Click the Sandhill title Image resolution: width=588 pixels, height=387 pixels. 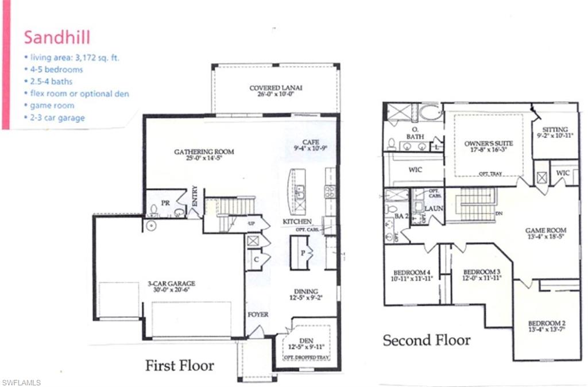click(x=57, y=37)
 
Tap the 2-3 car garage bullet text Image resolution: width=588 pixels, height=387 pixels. click(x=58, y=118)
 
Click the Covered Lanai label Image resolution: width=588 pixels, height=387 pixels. click(x=276, y=88)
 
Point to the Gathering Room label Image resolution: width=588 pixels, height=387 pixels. click(x=204, y=152)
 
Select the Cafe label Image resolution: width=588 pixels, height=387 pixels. click(x=310, y=142)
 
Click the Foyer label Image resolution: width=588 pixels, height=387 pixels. click(x=258, y=315)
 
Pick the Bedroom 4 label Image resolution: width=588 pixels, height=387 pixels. click(x=412, y=272)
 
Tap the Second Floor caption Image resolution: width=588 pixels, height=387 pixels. click(x=427, y=340)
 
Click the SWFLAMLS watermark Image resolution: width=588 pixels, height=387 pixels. click(x=21, y=382)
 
